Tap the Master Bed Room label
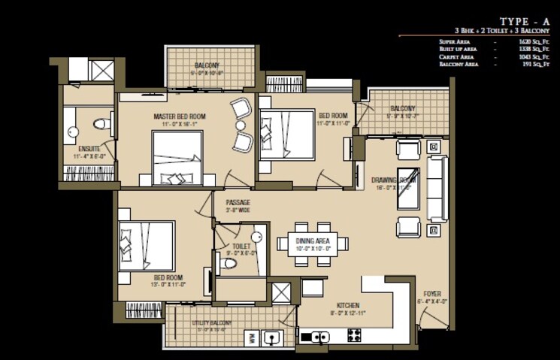pos(180,116)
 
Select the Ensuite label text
pos(89,149)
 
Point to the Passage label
pos(238,203)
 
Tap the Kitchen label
pos(347,305)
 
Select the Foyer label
pos(431,293)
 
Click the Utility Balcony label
pos(210,322)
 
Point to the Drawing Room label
pos(393,180)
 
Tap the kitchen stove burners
pos(354,336)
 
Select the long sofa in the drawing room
pos(437,188)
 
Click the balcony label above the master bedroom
pos(207,65)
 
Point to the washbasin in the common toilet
pos(256,236)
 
